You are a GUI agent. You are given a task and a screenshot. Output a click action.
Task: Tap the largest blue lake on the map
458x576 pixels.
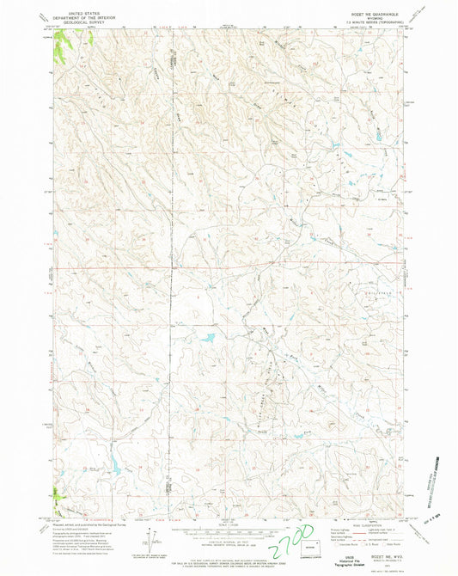click(x=209, y=339)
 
